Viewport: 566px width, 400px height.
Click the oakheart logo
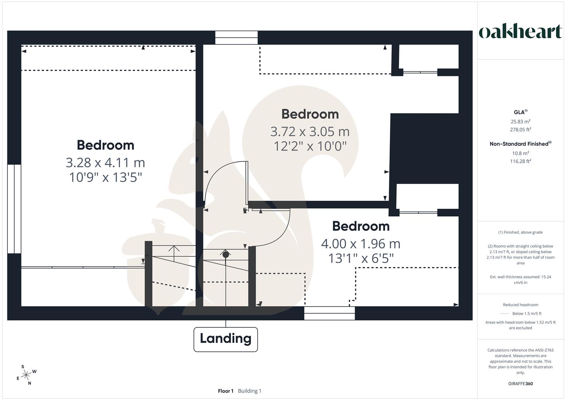pos(520,32)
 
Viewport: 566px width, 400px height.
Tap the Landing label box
pos(225,339)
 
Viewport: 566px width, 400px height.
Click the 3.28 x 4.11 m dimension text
pos(105,163)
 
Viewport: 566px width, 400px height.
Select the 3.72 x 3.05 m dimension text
pos(310,131)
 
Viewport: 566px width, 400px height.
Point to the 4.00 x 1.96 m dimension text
pos(361,244)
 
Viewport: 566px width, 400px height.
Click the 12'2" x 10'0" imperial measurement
pos(310,146)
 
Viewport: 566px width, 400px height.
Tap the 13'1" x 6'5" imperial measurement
pos(361,259)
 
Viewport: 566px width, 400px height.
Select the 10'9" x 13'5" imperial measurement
pos(106,177)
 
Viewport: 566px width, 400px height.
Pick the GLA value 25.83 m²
pos(520,121)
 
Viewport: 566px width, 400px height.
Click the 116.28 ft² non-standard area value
pos(520,161)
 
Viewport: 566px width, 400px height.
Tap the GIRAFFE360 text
pos(520,384)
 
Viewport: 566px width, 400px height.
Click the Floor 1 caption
pos(225,391)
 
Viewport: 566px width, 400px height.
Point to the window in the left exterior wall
pos(14,209)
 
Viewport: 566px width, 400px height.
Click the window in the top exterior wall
pos(236,38)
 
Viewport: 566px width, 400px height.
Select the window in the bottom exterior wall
pos(329,313)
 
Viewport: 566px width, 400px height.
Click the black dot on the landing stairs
pos(225,255)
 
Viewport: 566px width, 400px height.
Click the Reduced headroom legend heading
pos(520,305)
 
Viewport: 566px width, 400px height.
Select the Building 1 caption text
pos(249,391)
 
